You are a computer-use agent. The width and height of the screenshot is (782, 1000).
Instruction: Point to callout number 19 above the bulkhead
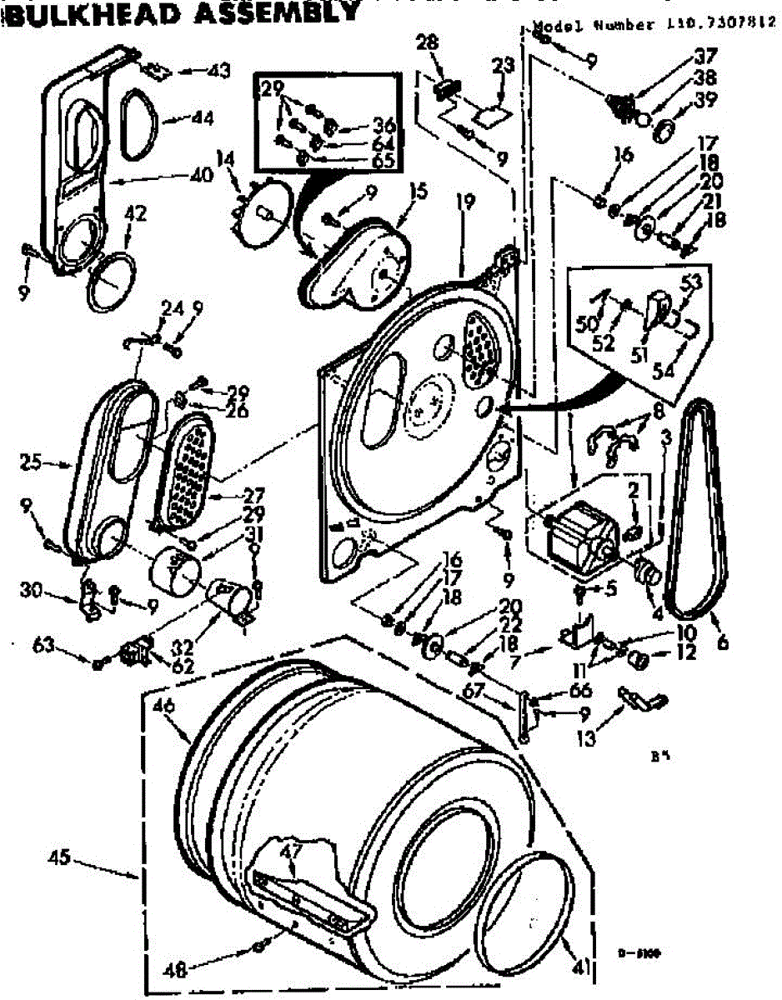point(465,200)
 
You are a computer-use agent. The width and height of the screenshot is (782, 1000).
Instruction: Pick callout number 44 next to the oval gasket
point(202,118)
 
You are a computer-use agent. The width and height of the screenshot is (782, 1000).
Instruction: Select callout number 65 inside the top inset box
point(383,160)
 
